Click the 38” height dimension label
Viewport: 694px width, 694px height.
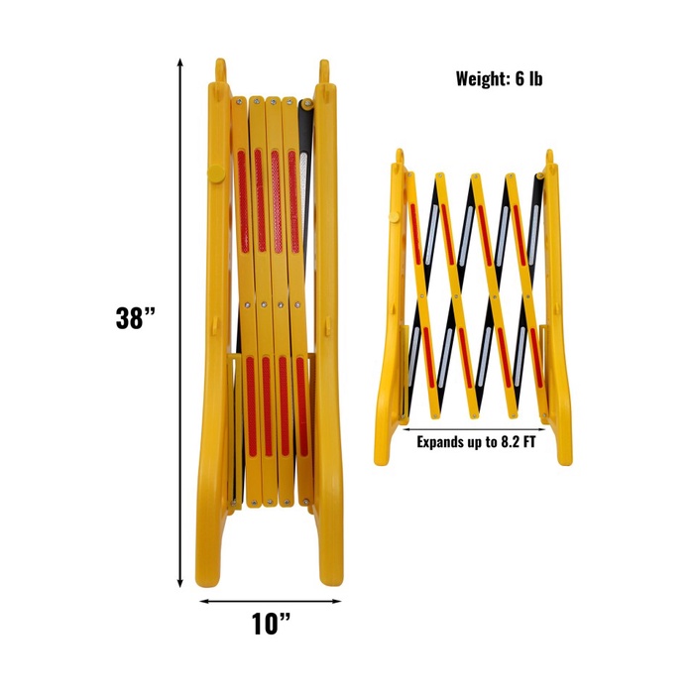click(136, 318)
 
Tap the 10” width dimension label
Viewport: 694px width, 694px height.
click(271, 624)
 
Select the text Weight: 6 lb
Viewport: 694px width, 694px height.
click(499, 78)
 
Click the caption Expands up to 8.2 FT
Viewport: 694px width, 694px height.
click(476, 442)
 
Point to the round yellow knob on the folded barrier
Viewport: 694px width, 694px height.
click(215, 173)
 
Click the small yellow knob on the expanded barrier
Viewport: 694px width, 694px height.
click(393, 217)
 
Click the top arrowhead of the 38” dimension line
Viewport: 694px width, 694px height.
click(179, 62)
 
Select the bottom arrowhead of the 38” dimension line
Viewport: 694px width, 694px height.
click(179, 583)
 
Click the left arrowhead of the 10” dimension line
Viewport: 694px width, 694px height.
click(204, 601)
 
